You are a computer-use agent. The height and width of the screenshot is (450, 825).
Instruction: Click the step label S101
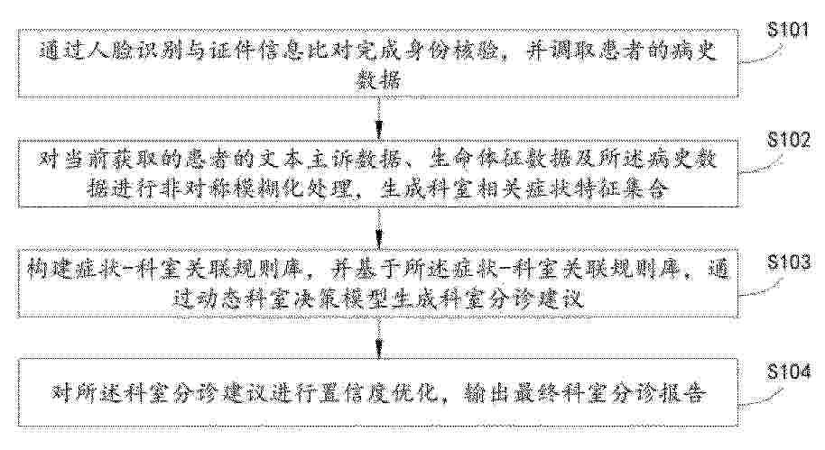pyautogui.click(x=788, y=30)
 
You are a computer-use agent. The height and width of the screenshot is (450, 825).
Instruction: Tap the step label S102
pyautogui.click(x=788, y=140)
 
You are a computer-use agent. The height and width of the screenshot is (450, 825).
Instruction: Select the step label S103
pyautogui.click(x=788, y=262)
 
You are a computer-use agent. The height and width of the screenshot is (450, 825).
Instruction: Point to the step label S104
pyautogui.click(x=788, y=372)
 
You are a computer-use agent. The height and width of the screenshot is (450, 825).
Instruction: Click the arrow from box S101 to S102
pyautogui.click(x=378, y=118)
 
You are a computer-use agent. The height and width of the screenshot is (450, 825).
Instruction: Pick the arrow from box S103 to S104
pyautogui.click(x=378, y=339)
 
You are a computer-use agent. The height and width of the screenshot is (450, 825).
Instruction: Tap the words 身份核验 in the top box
pyautogui.click(x=452, y=52)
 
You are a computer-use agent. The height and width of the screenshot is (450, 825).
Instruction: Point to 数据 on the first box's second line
pyautogui.click(x=379, y=80)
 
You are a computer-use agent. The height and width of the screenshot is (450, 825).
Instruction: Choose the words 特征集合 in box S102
pyautogui.click(x=626, y=188)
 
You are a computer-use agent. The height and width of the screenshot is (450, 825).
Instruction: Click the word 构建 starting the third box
pyautogui.click(x=50, y=270)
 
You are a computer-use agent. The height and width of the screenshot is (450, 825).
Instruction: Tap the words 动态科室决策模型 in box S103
pyautogui.click(x=284, y=298)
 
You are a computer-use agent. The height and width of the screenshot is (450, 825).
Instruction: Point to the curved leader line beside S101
pyautogui.click(x=761, y=55)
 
